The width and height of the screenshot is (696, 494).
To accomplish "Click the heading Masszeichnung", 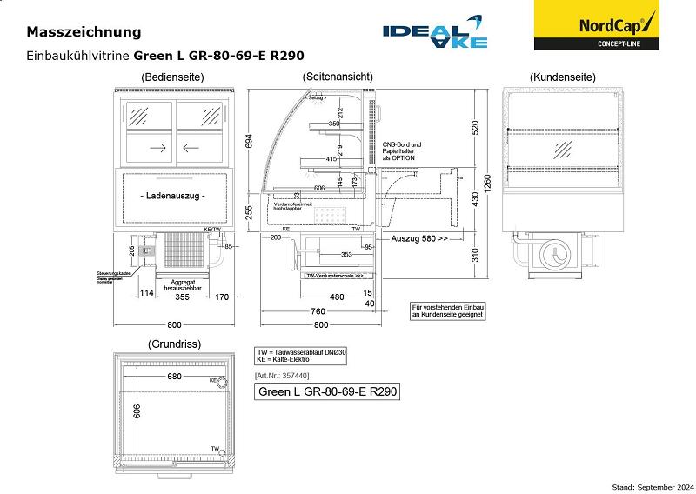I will coord(84,32).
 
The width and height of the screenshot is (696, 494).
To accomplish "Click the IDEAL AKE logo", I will coord(436,32).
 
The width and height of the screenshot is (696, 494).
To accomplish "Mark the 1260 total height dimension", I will coord(486,185).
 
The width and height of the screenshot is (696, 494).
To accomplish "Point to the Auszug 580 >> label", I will coord(419,237).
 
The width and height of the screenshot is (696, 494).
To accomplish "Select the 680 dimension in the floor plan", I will coord(174,377).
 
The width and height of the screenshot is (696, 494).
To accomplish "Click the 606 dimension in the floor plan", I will coord(137,411).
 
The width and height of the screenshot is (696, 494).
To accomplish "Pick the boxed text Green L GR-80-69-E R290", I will coord(327,391).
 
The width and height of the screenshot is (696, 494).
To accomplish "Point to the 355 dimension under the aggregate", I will coord(181,297).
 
